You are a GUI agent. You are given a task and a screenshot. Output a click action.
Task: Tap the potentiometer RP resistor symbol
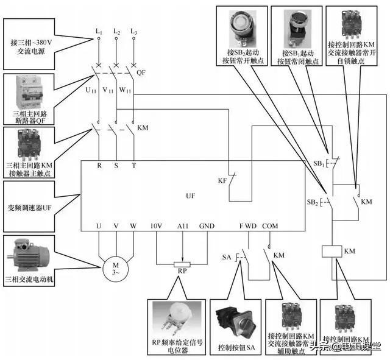[x=182, y=265]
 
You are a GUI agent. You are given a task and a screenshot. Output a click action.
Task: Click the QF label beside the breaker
[x=141, y=71]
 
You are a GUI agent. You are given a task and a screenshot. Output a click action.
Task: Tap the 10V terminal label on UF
[x=157, y=226]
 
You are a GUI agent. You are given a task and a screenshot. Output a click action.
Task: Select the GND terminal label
[x=207, y=226]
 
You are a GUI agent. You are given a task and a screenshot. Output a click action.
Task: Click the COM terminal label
[x=269, y=226]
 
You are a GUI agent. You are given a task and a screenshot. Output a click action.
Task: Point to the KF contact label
[x=222, y=181]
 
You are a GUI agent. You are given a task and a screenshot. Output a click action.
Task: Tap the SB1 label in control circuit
[x=319, y=164]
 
